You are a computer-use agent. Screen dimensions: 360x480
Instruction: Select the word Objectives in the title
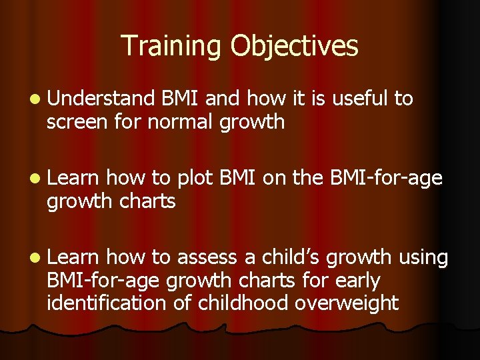(x=295, y=46)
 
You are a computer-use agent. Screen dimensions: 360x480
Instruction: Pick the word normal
(x=182, y=122)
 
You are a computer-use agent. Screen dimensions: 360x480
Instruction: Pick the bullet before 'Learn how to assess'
(x=35, y=258)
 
